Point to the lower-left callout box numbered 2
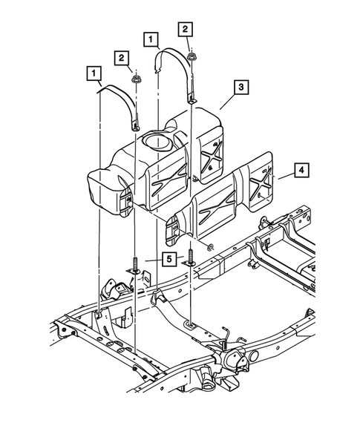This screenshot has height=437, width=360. [119, 56]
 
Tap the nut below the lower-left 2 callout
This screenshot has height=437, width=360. [136, 79]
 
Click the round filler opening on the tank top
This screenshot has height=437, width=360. [157, 139]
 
